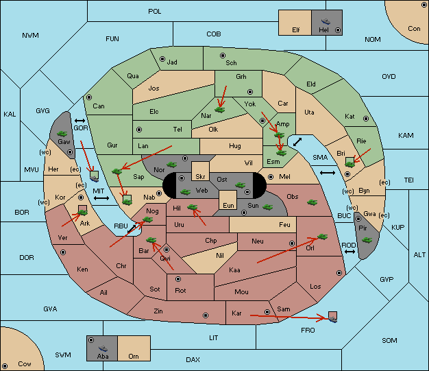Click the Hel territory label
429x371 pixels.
pyautogui.click(x=323, y=29)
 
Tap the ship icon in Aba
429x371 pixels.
pyautogui.click(x=103, y=348)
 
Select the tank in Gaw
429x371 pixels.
pyautogui.click(x=62, y=134)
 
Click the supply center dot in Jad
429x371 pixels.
pyautogui.click(x=162, y=59)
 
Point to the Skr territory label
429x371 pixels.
pyautogui.click(x=200, y=177)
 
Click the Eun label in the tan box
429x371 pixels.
pyautogui.click(x=228, y=205)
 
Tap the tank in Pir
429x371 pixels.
pyautogui.click(x=367, y=240)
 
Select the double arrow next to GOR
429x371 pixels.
pyautogui.click(x=79, y=121)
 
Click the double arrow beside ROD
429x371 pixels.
pyautogui.click(x=350, y=252)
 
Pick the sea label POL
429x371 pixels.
pyautogui.click(x=155, y=12)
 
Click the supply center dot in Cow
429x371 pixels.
pyautogui.click(x=5, y=366)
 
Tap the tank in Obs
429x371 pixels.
pyautogui.click(x=312, y=202)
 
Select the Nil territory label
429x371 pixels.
pyautogui.click(x=220, y=256)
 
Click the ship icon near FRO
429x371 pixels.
pyautogui.click(x=332, y=319)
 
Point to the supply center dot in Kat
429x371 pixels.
pyautogui.click(x=366, y=119)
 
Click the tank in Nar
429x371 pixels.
pyautogui.click(x=220, y=110)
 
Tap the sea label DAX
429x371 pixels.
pyautogui.click(x=193, y=359)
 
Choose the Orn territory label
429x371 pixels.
pyautogui.click(x=134, y=356)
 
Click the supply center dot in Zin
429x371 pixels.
pyautogui.click(x=206, y=315)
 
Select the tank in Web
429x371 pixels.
pyautogui.click(x=186, y=191)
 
